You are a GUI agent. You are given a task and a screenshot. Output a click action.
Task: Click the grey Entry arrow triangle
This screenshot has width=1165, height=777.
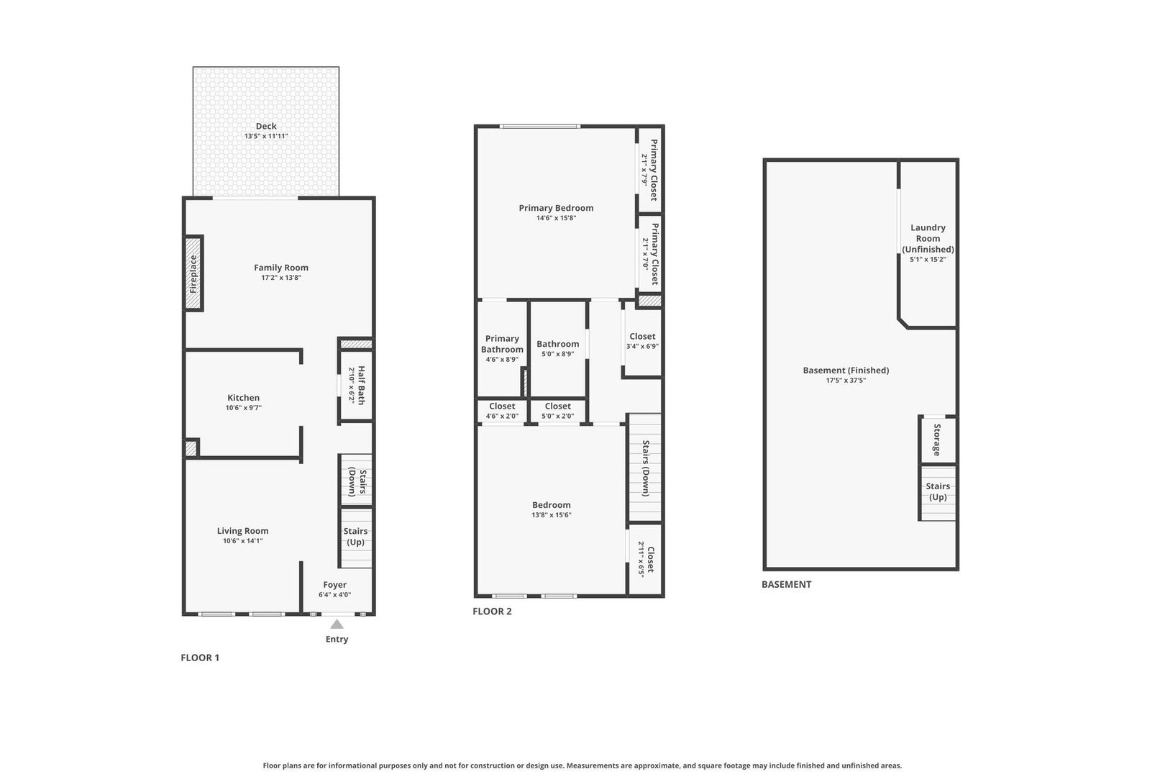pos(337,624)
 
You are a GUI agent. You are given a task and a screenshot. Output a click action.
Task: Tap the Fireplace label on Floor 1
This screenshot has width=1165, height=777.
pos(193,273)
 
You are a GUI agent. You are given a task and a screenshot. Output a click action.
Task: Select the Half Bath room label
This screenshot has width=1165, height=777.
pos(361,385)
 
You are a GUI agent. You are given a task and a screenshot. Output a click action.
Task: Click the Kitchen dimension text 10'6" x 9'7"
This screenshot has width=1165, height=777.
pos(243,408)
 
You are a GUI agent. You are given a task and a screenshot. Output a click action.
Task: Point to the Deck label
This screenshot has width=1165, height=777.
pos(266,126)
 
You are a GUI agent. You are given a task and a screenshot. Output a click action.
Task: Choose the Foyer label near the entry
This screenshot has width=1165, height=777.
pos(335,585)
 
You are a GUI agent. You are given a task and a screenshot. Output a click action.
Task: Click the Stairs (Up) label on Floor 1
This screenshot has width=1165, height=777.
pos(356,537)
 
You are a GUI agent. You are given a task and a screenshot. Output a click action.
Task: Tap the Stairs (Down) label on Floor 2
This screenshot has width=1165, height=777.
pos(646,468)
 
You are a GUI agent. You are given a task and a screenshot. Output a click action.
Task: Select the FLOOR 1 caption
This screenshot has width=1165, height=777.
pos(200,658)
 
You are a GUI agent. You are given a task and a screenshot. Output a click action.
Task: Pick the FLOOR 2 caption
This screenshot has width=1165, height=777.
pos(492,612)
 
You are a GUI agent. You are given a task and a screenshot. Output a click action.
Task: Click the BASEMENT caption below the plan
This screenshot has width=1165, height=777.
pos(787,584)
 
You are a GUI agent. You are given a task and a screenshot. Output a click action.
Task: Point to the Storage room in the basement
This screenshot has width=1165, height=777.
pos(937,440)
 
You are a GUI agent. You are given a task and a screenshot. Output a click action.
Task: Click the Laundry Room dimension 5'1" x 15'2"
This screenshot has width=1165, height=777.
pos(928,259)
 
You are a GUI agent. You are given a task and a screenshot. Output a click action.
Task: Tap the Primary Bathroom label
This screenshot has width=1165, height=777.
pos(503,344)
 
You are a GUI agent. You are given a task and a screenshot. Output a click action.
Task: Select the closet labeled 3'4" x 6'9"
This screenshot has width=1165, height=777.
pos(642,342)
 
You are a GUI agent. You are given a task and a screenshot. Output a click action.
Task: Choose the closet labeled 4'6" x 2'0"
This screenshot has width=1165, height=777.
pos(503,411)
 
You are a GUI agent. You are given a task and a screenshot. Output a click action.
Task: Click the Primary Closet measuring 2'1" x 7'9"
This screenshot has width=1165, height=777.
pos(650,170)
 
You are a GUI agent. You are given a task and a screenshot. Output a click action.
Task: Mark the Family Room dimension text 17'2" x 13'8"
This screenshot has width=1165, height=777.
pos(281,278)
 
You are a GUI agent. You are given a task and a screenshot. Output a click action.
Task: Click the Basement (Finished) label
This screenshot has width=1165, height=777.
pos(846,371)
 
